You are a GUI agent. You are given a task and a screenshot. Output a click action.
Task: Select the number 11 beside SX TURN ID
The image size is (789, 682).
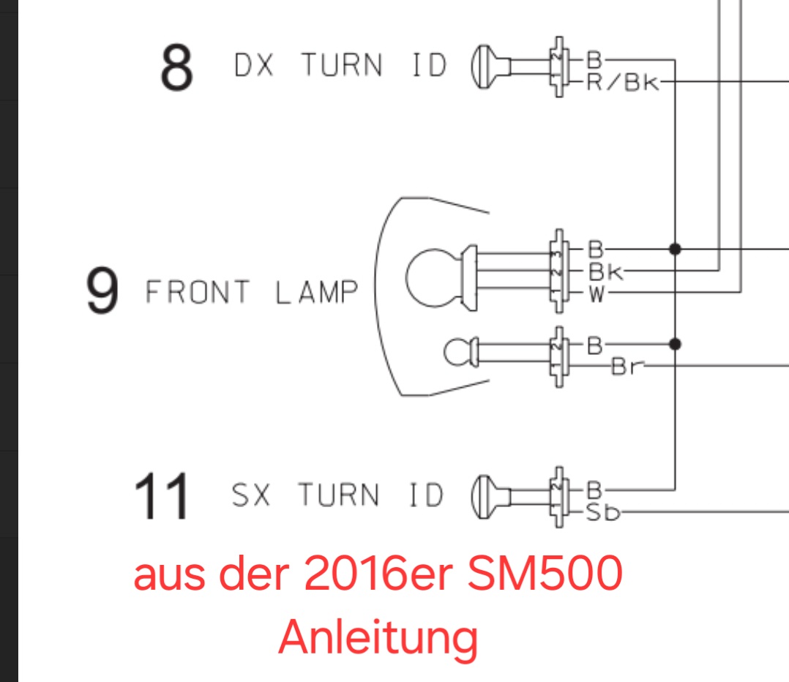161,496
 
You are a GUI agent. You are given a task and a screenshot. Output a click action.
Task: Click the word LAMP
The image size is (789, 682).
317,293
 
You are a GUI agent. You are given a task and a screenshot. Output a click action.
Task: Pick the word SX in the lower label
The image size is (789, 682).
251,495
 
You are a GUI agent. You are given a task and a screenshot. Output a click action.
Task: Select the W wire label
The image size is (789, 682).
597,295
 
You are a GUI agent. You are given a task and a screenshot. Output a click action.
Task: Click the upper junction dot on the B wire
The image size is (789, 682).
675,249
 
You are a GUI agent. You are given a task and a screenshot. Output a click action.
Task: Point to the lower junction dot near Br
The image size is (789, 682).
675,344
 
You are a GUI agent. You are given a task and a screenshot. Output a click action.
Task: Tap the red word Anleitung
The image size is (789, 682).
378,637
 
